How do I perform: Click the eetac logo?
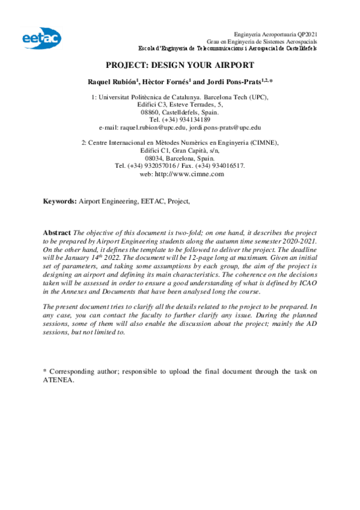click(x=41, y=37)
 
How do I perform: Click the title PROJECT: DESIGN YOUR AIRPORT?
click(x=180, y=65)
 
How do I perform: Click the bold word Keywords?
click(x=59, y=201)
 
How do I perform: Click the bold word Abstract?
click(x=57, y=232)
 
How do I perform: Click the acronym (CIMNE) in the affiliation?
click(x=262, y=143)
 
